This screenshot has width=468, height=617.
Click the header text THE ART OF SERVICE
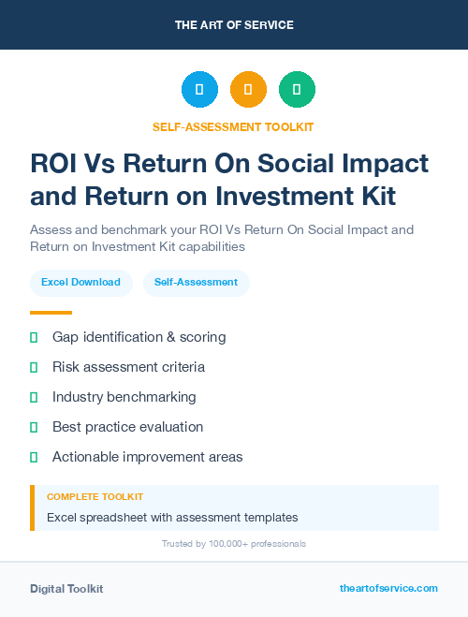click(x=233, y=24)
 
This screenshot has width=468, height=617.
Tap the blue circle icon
click(x=199, y=90)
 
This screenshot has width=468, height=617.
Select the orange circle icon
click(x=248, y=90)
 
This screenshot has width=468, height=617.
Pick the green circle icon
click(x=297, y=90)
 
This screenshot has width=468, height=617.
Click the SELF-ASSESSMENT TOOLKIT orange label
click(x=233, y=126)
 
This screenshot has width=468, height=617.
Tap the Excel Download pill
click(x=80, y=282)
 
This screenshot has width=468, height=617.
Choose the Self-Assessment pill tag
click(x=196, y=282)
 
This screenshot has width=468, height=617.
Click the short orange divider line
click(x=51, y=313)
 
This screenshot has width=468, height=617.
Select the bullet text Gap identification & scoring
click(x=139, y=336)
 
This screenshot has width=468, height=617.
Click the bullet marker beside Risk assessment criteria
click(x=34, y=367)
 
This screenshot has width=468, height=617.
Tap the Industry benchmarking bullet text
click(x=124, y=397)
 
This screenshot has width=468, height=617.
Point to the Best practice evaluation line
click(x=127, y=427)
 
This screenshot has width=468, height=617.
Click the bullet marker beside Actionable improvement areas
click(x=34, y=457)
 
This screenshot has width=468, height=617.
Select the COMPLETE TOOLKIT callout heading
click(x=95, y=496)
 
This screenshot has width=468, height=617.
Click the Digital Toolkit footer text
click(x=66, y=588)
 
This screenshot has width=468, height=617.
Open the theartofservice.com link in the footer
click(x=388, y=588)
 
